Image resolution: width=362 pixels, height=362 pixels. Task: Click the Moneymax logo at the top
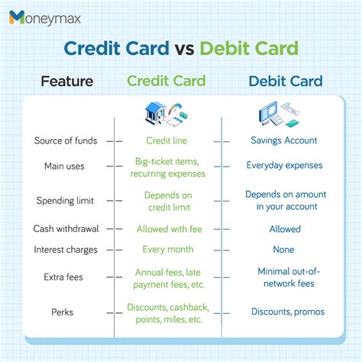tap(52, 17)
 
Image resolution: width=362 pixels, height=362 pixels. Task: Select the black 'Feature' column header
tap(67, 81)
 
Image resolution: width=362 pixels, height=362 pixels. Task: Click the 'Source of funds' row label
tap(64, 141)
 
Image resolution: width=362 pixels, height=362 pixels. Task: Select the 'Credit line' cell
tap(166, 141)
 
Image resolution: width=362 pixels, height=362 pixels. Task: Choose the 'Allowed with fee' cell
tap(168, 229)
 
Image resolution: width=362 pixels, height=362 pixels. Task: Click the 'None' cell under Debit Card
tap(283, 250)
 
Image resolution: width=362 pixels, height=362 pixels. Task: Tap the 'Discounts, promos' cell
tap(288, 312)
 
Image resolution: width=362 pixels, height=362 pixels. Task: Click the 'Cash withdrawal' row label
tap(64, 229)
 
